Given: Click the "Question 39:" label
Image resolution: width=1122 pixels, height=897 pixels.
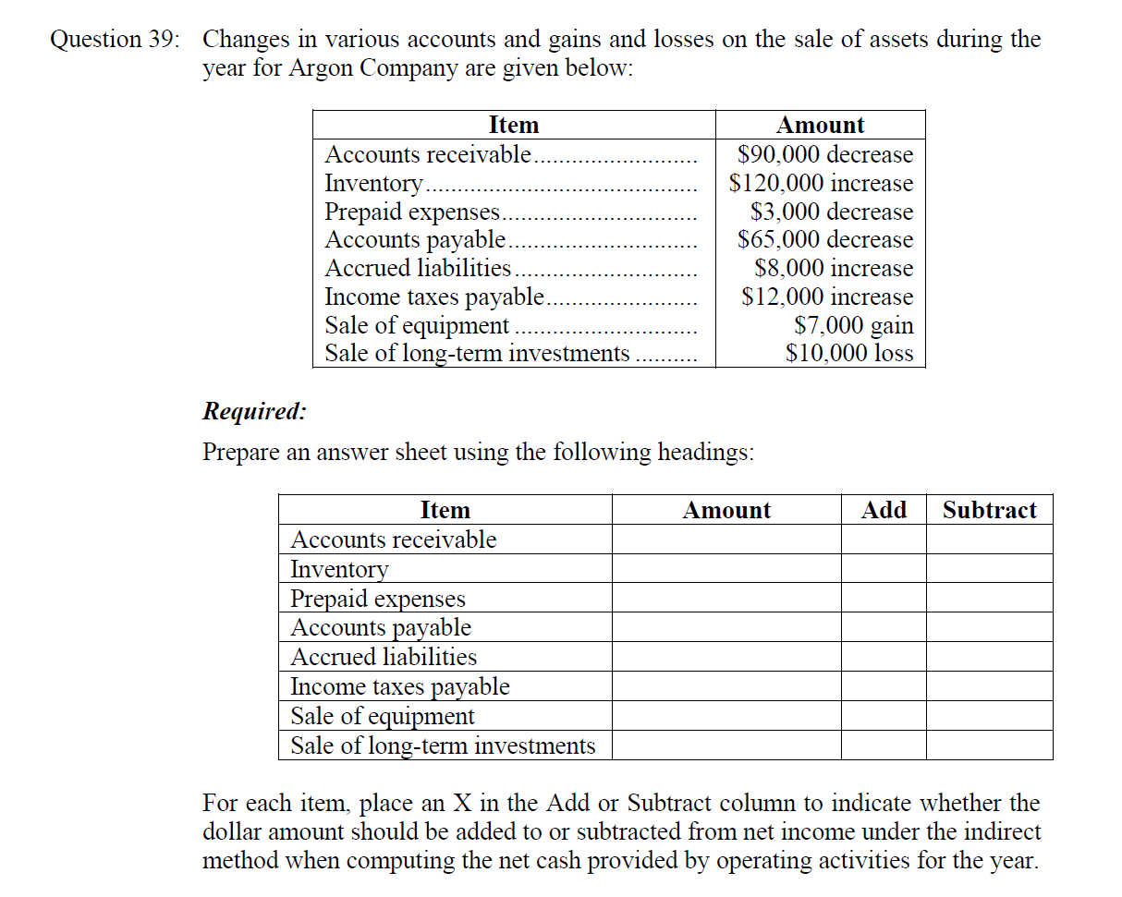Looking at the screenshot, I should click(116, 40).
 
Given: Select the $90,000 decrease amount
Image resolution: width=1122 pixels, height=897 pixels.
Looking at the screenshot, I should click(825, 154).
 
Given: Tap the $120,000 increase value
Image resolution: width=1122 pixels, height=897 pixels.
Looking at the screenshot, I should click(821, 183).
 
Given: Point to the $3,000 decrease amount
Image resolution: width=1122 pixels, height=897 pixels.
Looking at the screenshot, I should click(832, 212).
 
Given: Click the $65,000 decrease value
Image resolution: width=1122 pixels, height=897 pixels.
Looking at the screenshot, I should click(825, 239).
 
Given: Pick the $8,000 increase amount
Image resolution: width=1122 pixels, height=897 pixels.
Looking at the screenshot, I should click(834, 268).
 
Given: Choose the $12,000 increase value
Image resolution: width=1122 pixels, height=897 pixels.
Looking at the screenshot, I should click(828, 297).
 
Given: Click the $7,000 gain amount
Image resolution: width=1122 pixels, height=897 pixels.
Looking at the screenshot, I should click(854, 325).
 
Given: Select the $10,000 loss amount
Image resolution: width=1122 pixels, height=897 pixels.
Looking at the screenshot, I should click(849, 353).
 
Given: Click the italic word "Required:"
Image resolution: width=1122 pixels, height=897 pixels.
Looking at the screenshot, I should click(254, 411).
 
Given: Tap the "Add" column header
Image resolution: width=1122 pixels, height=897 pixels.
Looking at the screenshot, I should click(884, 510).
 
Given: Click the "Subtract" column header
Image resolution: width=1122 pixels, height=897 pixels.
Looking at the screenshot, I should click(989, 510).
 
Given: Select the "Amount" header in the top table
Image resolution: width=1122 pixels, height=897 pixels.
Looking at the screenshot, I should click(821, 125).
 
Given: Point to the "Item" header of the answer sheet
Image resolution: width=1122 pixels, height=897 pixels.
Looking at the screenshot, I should click(445, 510).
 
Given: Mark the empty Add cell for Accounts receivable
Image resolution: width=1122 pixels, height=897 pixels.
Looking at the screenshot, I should click(884, 539).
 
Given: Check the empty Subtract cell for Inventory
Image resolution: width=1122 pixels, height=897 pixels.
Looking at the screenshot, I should click(989, 568).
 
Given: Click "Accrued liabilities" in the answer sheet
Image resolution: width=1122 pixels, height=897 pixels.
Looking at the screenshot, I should click(384, 657).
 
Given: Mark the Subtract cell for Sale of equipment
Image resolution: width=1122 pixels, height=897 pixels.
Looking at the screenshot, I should click(989, 716).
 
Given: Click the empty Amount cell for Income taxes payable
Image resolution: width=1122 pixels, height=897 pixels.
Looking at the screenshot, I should click(726, 686).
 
